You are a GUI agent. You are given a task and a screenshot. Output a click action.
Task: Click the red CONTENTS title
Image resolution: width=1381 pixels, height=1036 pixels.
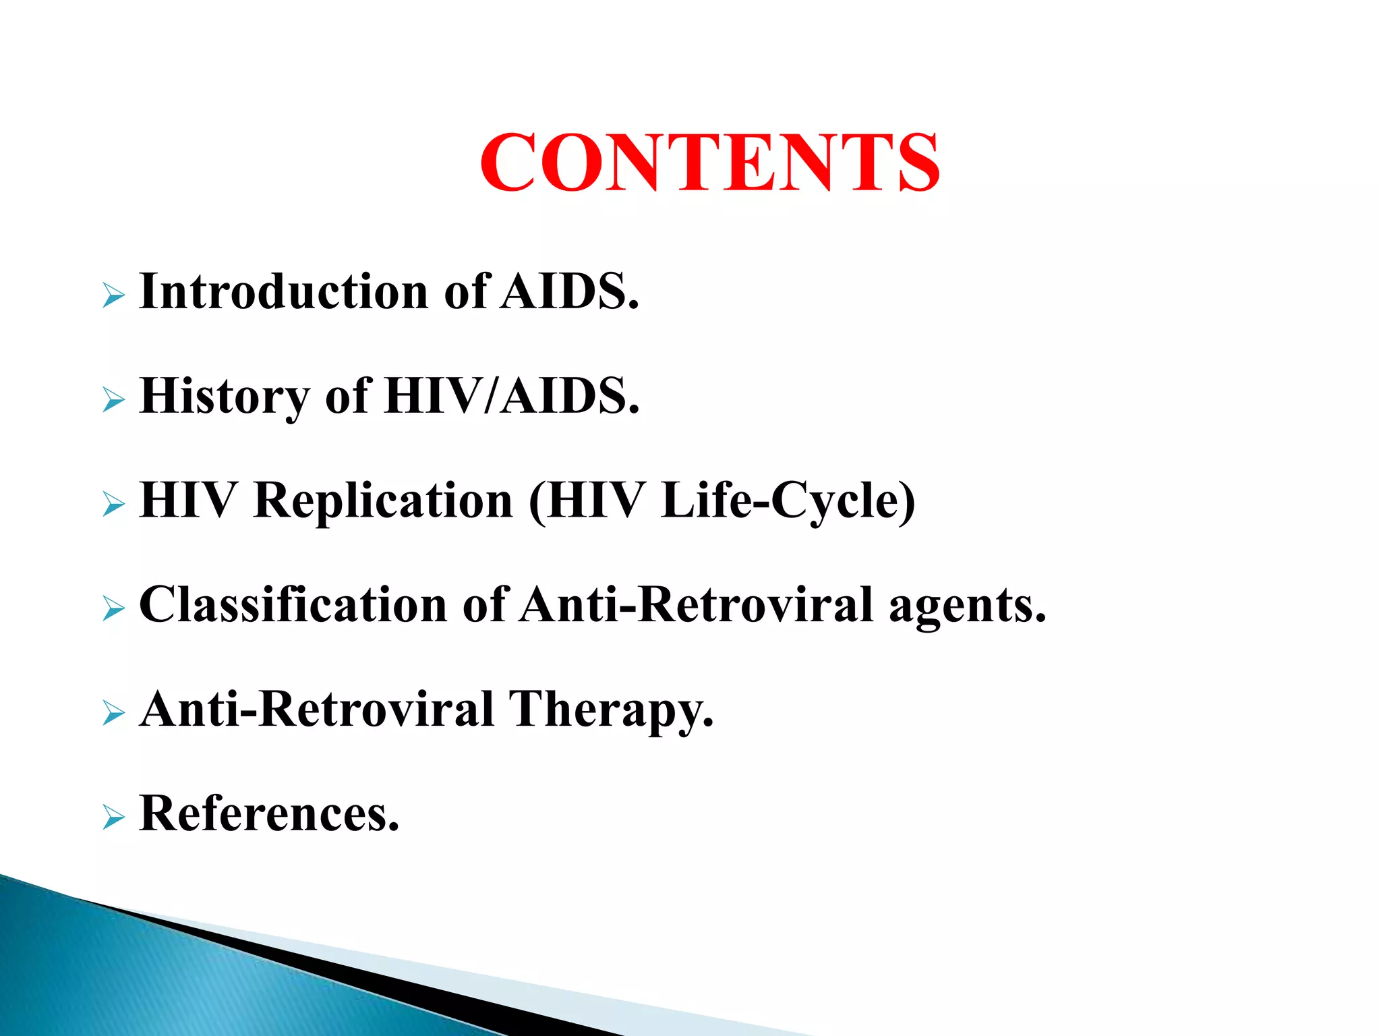coord(709,163)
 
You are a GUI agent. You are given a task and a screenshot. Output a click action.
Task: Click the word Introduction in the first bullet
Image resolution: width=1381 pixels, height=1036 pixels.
coord(283,291)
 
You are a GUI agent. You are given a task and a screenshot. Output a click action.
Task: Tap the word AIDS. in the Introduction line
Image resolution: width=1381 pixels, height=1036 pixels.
coord(570,291)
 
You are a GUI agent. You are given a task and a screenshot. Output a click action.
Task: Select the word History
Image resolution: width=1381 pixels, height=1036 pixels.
coord(224,397)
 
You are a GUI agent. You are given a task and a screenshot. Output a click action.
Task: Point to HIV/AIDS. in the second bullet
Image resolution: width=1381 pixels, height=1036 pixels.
coord(512,397)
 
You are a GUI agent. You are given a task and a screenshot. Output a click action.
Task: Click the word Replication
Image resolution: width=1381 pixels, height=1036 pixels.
coord(383,500)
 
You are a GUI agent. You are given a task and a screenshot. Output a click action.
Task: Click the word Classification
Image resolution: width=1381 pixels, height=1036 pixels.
coord(293,604)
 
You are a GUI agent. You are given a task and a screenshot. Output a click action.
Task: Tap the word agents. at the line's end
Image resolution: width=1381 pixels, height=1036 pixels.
coord(968,606)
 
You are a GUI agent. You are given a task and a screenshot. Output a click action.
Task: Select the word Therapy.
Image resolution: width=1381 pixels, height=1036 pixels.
coord(610,710)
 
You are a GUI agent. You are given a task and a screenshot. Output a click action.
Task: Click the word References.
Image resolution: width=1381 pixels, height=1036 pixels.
coord(268,813)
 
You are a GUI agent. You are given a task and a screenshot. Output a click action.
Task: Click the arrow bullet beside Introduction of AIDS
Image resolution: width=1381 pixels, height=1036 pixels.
coord(114,295)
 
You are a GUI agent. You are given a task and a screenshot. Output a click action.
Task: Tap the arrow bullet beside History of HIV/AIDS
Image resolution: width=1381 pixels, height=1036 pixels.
coord(114,400)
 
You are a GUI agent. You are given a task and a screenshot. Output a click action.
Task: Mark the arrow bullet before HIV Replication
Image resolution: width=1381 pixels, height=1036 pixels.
coord(114,505)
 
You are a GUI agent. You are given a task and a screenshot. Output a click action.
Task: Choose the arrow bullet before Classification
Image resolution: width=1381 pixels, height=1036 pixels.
coord(114,609)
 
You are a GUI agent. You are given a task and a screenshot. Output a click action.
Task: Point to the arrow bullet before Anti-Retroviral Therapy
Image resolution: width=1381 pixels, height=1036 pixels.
coord(114,713)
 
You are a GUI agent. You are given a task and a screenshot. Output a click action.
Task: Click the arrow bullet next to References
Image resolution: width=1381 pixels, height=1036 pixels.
coord(114,817)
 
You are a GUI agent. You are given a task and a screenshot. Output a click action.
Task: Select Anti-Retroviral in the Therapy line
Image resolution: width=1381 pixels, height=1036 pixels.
coord(316,710)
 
